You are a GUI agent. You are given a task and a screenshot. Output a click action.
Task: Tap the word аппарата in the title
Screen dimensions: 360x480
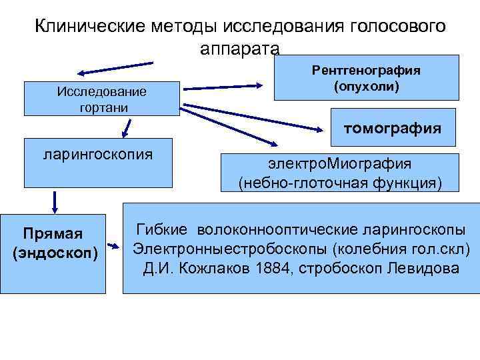point(239,49)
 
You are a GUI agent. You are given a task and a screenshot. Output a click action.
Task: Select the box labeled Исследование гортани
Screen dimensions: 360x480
point(102,99)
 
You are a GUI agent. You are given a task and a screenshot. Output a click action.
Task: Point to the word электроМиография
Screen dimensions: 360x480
point(340,164)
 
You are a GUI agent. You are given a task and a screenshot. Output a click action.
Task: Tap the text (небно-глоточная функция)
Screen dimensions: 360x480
point(340,183)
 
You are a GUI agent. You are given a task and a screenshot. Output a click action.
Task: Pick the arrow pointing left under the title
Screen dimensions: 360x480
point(114,68)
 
